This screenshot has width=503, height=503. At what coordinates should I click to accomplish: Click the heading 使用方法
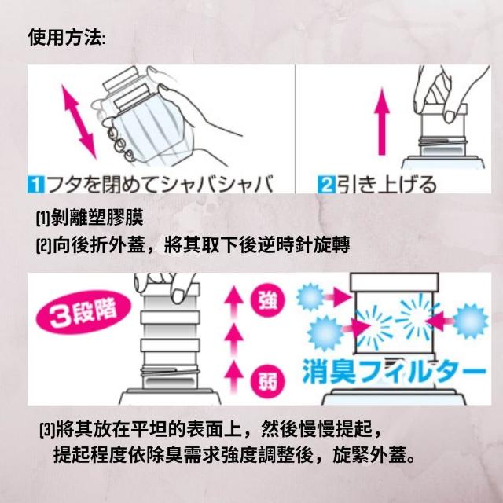66,38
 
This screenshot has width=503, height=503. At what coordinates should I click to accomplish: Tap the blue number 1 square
36,185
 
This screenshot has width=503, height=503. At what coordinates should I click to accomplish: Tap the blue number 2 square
326,185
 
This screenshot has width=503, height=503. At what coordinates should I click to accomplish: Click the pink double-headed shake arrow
79,122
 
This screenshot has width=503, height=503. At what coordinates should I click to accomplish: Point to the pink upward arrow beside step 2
381,122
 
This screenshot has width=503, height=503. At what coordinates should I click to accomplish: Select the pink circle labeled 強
268,300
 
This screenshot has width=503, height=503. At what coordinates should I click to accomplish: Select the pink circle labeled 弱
268,381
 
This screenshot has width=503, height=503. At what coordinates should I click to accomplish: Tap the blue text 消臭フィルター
394,372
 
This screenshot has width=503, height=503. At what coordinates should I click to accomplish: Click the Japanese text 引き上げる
387,185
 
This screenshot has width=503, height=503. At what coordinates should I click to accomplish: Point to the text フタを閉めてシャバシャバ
160,185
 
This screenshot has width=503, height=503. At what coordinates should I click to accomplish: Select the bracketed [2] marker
43,246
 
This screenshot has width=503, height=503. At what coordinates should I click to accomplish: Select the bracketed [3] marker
47,429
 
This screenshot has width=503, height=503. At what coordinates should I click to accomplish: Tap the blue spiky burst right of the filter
470,321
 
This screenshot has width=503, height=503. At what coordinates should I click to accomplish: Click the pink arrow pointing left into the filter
440,321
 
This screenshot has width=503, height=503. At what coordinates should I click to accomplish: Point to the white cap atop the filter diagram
395,282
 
